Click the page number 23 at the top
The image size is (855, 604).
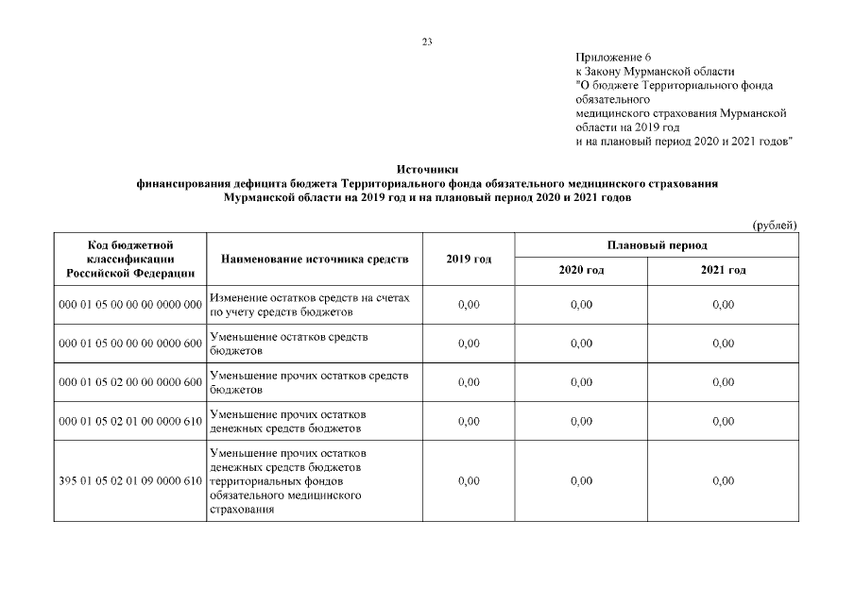[427, 42]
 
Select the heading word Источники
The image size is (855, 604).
[427, 169]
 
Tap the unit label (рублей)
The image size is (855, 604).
[775, 225]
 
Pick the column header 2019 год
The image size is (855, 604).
[468, 259]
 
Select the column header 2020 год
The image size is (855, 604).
[581, 271]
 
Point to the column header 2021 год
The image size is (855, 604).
[723, 271]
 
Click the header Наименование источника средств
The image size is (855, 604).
[315, 259]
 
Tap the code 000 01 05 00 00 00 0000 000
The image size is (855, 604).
[130, 305]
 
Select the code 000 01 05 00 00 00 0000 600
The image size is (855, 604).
[130, 344]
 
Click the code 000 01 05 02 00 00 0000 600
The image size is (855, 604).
[130, 382]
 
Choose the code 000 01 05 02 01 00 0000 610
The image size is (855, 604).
[130, 421]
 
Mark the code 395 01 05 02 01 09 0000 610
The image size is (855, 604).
[130, 481]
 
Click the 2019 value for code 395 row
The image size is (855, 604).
[468, 481]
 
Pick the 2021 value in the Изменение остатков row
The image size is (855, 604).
[723, 305]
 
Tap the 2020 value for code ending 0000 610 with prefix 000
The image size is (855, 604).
[581, 421]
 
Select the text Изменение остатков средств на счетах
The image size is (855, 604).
[310, 297]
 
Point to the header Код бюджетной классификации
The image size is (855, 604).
[130, 251]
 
